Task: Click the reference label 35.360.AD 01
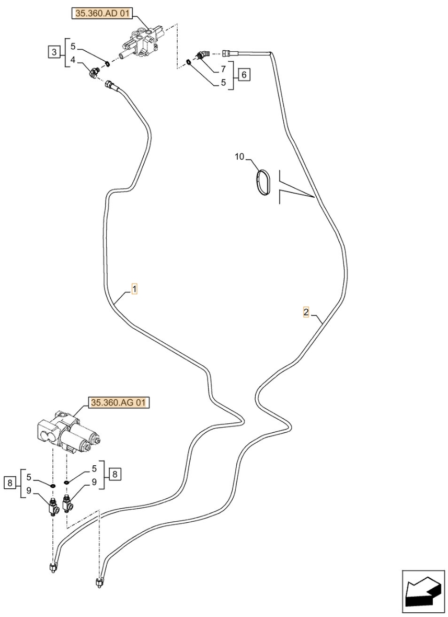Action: click(102, 14)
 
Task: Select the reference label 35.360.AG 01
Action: click(119, 402)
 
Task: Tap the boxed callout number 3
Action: click(54, 52)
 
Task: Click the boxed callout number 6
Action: click(244, 74)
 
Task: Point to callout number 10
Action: click(239, 157)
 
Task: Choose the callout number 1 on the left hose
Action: click(134, 289)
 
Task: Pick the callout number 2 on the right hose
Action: click(306, 312)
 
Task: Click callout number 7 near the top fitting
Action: click(223, 69)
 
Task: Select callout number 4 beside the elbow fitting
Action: click(73, 60)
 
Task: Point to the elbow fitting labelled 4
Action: click(94, 72)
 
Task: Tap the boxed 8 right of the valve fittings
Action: click(114, 474)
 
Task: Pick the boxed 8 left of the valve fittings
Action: click(10, 483)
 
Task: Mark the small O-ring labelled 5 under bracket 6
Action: click(189, 62)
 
